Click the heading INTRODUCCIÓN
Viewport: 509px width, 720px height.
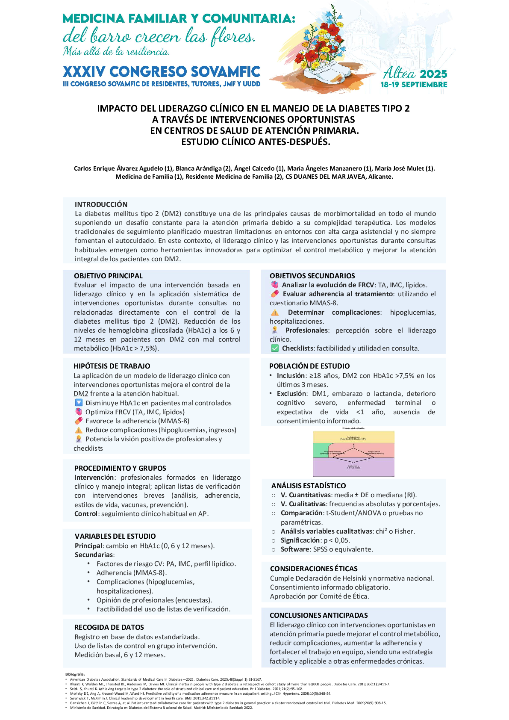(x=101, y=204)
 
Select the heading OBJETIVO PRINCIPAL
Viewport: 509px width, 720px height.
(x=108, y=276)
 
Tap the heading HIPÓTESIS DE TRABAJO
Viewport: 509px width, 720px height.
(x=112, y=366)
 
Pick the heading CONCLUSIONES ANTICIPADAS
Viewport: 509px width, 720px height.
(x=318, y=615)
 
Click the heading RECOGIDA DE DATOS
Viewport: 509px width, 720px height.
(x=109, y=627)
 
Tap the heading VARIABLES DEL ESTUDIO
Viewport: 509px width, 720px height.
(x=115, y=536)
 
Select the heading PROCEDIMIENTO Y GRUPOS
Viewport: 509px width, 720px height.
(x=120, y=468)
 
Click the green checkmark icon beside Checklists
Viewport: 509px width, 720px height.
(x=275, y=348)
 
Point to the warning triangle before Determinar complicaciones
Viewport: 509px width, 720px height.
(x=275, y=313)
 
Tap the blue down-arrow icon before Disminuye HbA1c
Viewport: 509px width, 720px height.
(x=79, y=403)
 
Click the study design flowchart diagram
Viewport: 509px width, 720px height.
(x=353, y=453)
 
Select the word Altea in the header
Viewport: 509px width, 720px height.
(x=399, y=74)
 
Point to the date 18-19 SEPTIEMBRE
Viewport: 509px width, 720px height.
(x=414, y=85)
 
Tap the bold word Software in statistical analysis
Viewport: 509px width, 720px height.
(x=295, y=549)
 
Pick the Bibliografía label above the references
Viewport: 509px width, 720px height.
(x=75, y=674)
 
